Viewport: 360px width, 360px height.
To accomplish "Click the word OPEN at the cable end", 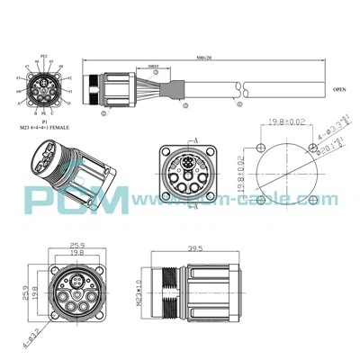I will [x=339, y=90].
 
